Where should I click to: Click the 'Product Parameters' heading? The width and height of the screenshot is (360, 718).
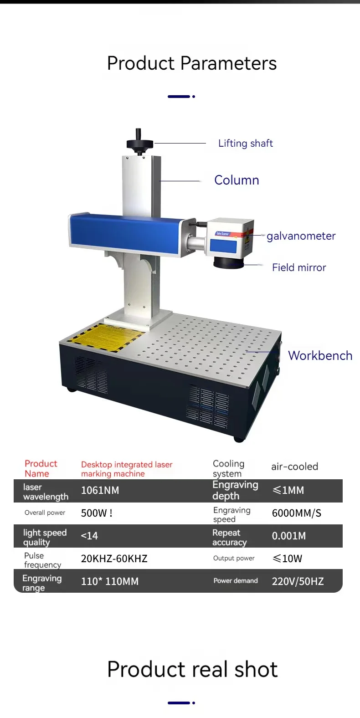[x=192, y=63]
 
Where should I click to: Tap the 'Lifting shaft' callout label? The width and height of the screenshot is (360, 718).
[x=245, y=144]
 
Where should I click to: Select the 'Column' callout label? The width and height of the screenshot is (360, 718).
[x=237, y=180]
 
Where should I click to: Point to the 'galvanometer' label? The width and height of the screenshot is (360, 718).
[x=301, y=236]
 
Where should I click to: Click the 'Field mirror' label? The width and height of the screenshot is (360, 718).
[x=299, y=267]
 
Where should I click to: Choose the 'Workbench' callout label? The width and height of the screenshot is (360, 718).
[x=320, y=355]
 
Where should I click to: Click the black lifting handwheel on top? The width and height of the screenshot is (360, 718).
[x=139, y=144]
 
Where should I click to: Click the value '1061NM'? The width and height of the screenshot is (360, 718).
[x=100, y=491]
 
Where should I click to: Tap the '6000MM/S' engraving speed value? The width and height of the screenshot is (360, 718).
[x=296, y=513]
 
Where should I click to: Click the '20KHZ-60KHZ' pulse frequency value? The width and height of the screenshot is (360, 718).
[x=114, y=559]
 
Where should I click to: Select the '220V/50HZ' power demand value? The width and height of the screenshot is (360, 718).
[x=298, y=581]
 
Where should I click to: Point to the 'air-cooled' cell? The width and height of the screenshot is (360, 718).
[x=294, y=467]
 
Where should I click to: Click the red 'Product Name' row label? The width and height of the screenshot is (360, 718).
[x=41, y=468]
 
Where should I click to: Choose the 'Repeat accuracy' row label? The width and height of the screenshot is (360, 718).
[x=229, y=537]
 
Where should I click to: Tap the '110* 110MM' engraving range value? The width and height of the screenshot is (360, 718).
[x=109, y=581]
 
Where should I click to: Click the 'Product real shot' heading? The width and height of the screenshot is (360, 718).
[x=192, y=669]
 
